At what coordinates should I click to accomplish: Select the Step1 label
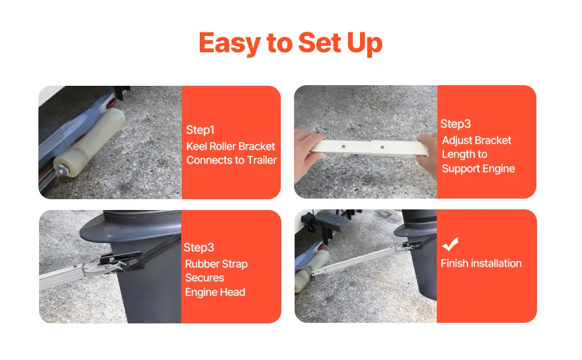200,130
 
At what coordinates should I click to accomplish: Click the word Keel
196,146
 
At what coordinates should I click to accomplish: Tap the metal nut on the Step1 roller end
61,170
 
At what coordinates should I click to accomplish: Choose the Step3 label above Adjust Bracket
455,124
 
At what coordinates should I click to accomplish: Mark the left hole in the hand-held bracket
344,147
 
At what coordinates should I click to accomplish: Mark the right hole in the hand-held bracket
382,148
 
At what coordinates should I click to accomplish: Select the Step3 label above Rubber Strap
199,247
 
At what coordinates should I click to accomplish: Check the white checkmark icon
450,244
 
